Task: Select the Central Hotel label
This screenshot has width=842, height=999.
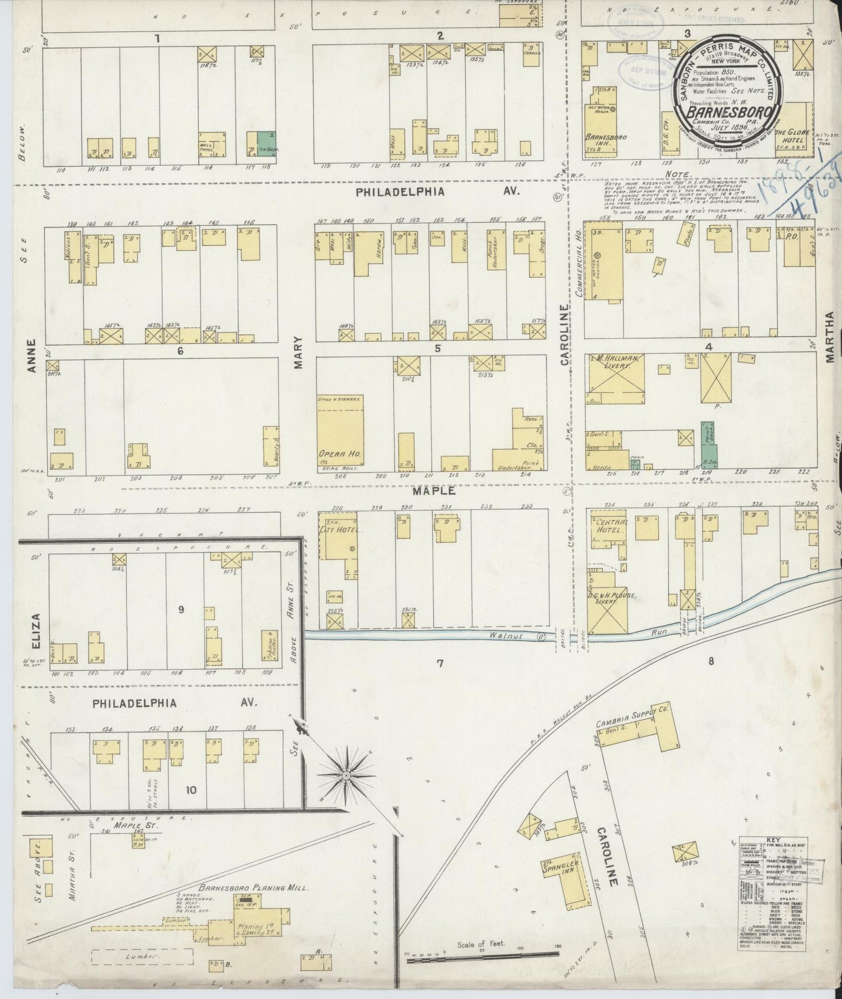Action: (610, 526)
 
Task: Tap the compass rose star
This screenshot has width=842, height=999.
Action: (345, 776)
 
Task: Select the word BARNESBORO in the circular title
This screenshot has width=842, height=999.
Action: (731, 112)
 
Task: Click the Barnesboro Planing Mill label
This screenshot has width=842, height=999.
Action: (253, 888)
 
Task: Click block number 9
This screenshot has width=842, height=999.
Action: (181, 610)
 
